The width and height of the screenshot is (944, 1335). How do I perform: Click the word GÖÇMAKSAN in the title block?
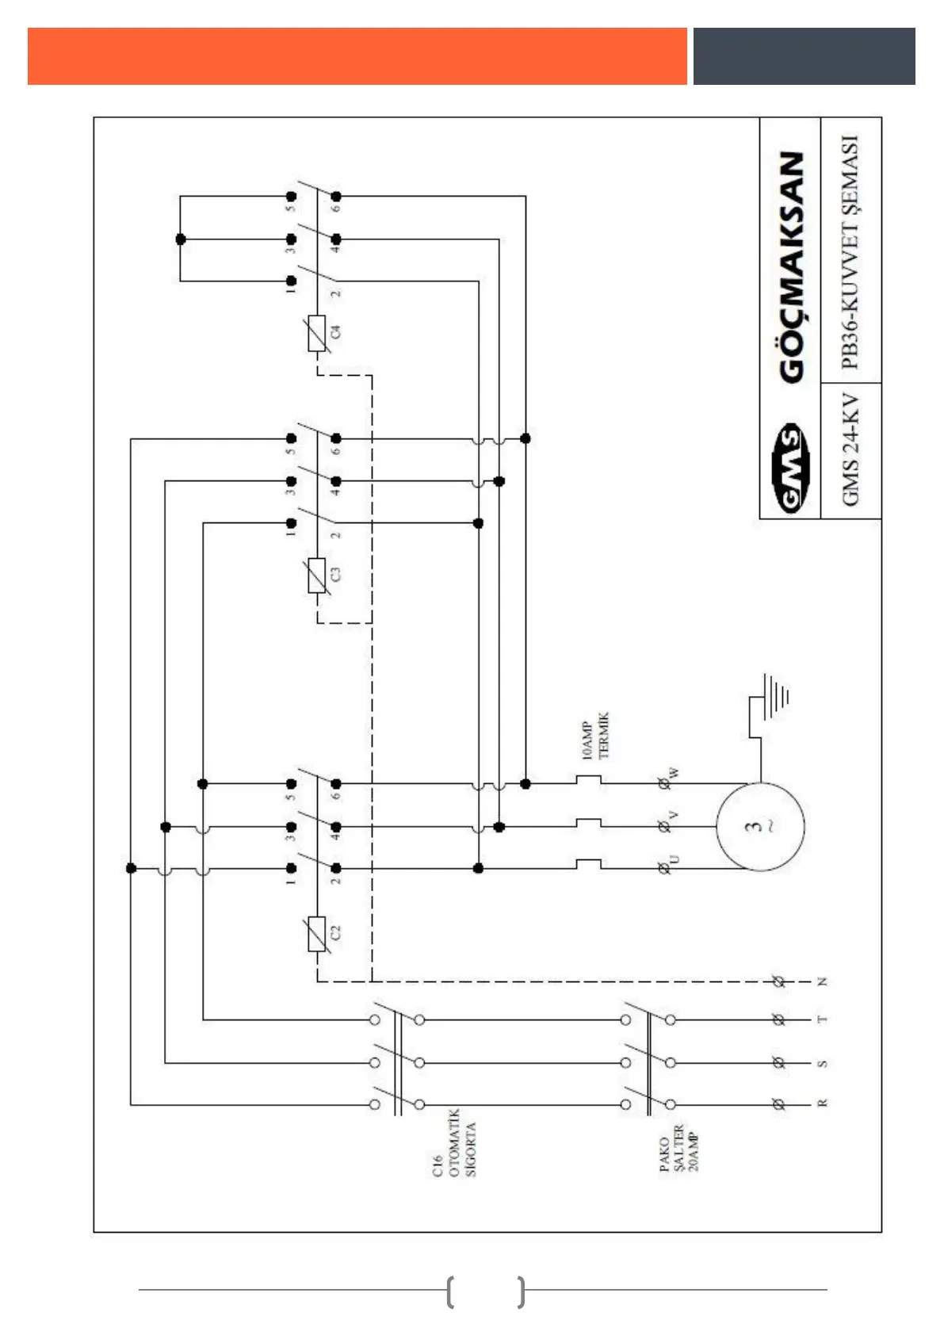pyautogui.click(x=792, y=268)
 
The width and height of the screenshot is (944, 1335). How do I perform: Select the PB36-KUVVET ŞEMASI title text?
pyautogui.click(x=850, y=251)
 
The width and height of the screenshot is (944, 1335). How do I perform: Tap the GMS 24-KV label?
pyautogui.click(x=850, y=449)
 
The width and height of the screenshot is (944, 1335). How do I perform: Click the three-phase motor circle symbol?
pyautogui.click(x=760, y=826)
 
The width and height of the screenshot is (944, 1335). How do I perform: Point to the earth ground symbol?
pyautogui.click(x=773, y=697)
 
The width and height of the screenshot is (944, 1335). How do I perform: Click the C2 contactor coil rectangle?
pyautogui.click(x=317, y=934)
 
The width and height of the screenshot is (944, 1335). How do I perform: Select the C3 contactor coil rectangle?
pyautogui.click(x=317, y=575)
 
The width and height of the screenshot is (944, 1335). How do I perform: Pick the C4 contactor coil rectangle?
pyautogui.click(x=317, y=333)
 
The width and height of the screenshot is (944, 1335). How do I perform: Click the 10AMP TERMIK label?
pyautogui.click(x=595, y=736)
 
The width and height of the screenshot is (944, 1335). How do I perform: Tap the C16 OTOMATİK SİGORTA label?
pyautogui.click(x=454, y=1143)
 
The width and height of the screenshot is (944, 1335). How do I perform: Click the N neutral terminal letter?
pyautogui.click(x=822, y=981)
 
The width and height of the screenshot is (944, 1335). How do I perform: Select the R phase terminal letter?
pyautogui.click(x=822, y=1103)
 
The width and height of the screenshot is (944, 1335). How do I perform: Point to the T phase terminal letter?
pyautogui.click(x=822, y=1019)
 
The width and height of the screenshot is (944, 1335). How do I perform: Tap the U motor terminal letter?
pyautogui.click(x=675, y=859)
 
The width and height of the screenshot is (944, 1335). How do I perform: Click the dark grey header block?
pyautogui.click(x=804, y=56)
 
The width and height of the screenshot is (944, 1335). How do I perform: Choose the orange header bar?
pyautogui.click(x=357, y=56)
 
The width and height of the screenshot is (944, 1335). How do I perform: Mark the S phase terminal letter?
pyautogui.click(x=822, y=1062)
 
